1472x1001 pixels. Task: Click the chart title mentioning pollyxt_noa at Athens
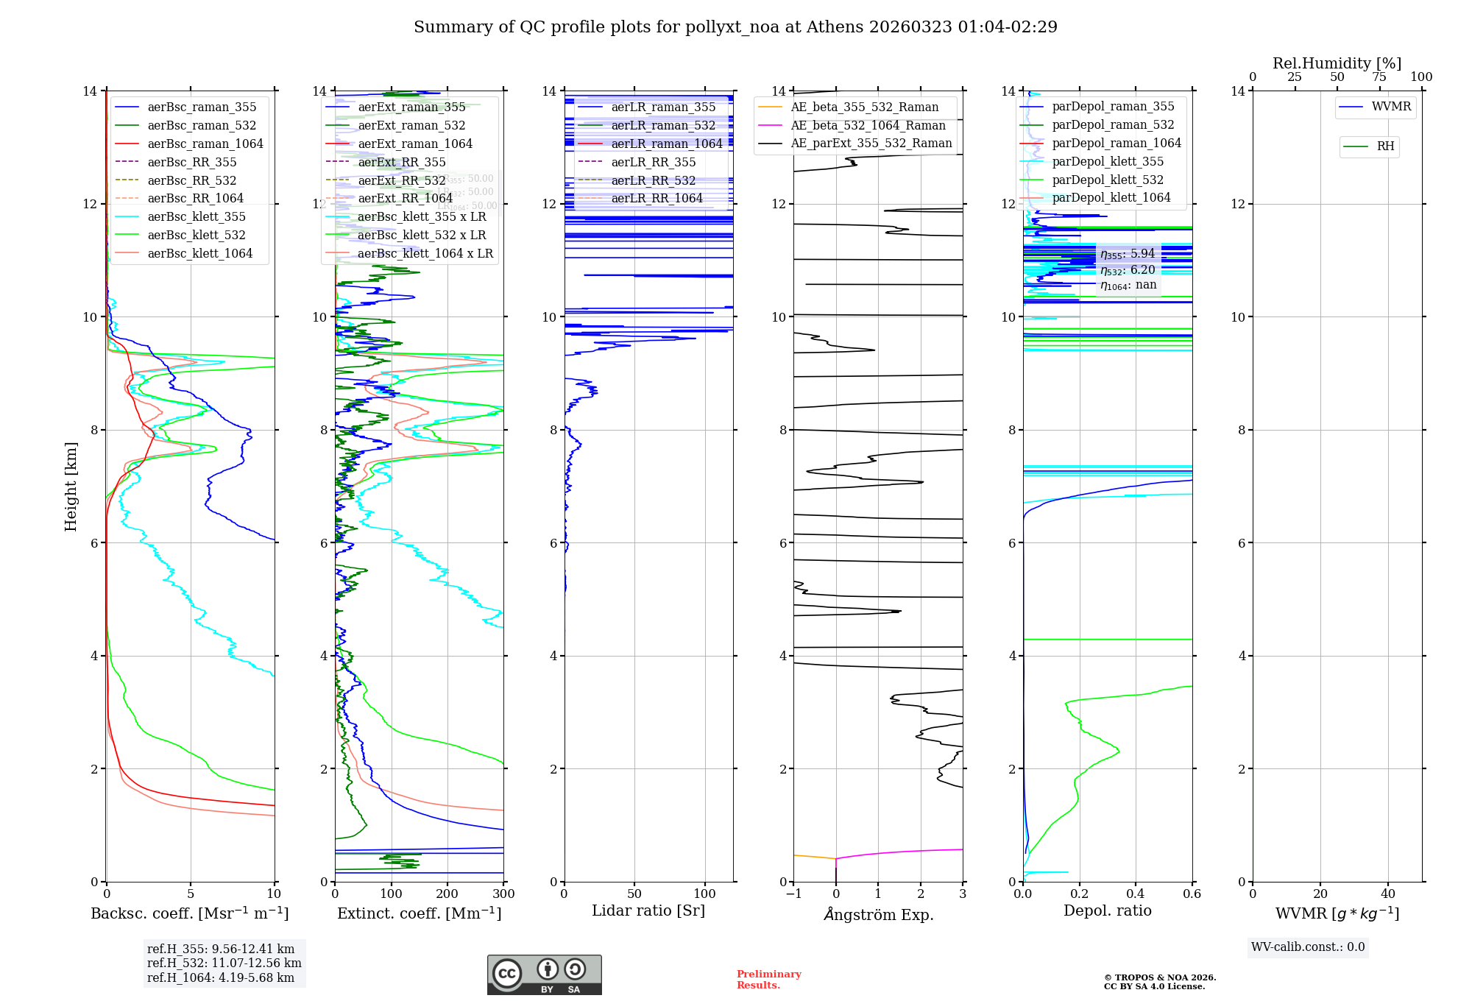[735, 27]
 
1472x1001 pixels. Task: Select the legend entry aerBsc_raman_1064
[205, 144]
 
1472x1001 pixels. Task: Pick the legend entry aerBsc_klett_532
[196, 235]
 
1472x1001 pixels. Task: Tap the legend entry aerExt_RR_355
[401, 162]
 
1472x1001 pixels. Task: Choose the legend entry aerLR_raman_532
[662, 125]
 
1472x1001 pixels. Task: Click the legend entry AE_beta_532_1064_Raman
[868, 125]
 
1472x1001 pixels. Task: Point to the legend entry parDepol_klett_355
[1107, 161]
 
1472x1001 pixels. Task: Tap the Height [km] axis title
[71, 486]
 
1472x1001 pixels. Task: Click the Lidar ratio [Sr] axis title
[648, 910]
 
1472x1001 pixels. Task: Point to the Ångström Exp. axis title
[878, 914]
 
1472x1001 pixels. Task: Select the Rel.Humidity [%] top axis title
[1337, 63]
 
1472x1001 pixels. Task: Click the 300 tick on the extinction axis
[503, 894]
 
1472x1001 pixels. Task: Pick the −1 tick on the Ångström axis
[793, 894]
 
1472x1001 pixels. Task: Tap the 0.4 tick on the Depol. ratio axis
[1136, 894]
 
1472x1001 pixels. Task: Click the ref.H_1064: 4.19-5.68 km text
[221, 977]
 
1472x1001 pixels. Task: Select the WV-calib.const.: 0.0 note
[1308, 947]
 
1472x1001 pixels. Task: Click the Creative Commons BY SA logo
[544, 975]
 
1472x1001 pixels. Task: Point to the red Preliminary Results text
[768, 980]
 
